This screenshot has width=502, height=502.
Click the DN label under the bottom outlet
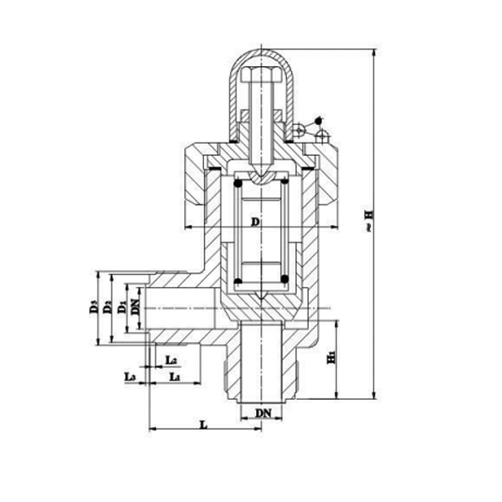pos(263,413)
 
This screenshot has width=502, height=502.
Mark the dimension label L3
pos(130,378)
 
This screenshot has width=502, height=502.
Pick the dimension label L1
pos(174,378)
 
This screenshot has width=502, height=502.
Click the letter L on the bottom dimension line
pos(203,424)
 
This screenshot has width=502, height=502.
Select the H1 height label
pos(331,357)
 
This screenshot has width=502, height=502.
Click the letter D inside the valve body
pos(256,220)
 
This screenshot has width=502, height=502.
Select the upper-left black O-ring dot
pos(238,181)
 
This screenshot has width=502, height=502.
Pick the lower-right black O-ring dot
pos(284,279)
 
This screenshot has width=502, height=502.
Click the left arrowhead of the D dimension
pos(185,228)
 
